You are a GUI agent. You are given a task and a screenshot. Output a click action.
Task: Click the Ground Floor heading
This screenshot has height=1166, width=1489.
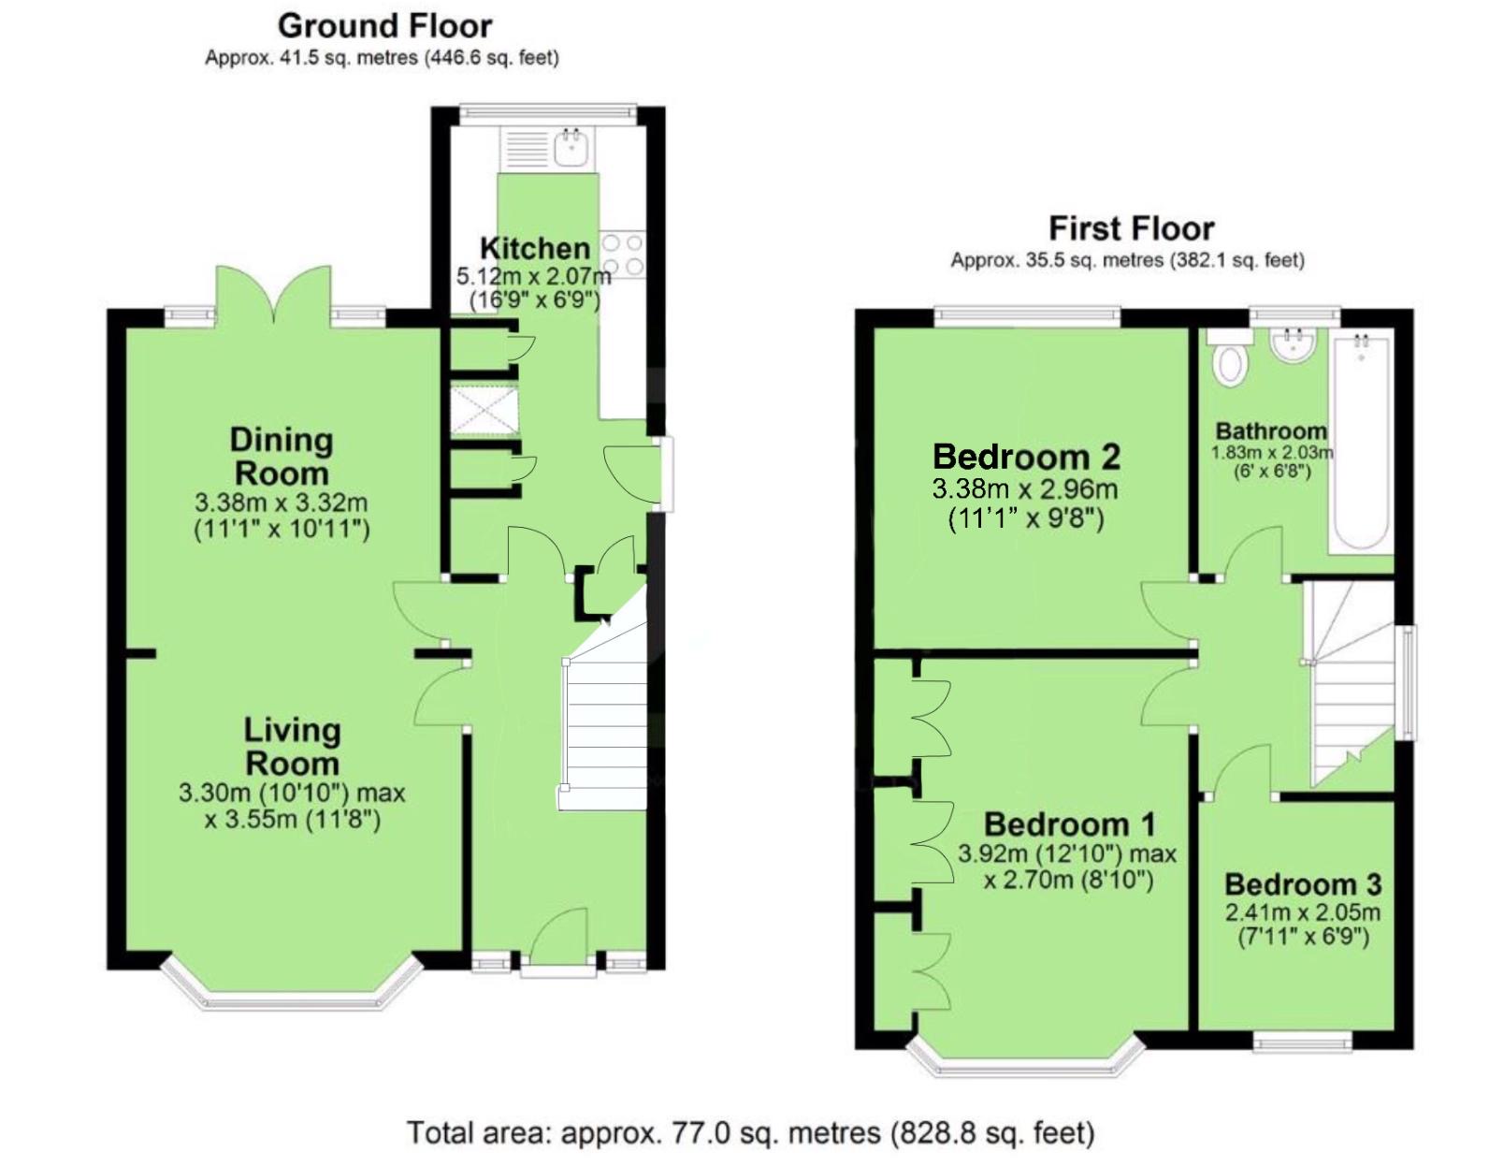click(384, 27)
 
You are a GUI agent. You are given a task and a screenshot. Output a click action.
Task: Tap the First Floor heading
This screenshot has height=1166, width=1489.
click(1132, 229)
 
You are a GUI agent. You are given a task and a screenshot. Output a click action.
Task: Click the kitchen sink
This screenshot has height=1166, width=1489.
click(570, 148)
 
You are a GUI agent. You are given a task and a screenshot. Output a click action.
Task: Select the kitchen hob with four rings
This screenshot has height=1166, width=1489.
click(623, 255)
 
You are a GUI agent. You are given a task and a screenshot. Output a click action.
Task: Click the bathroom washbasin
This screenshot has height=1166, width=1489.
click(1292, 343)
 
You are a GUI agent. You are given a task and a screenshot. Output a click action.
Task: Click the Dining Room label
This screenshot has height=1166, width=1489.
click(282, 457)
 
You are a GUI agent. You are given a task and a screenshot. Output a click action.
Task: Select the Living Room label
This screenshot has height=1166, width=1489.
click(293, 747)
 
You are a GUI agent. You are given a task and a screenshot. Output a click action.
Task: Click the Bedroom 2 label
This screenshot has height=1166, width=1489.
click(1026, 457)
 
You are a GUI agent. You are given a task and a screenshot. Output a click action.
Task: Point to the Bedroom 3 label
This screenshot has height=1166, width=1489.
click(1303, 884)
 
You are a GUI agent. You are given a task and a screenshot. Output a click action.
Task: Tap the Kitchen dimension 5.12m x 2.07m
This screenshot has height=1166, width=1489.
click(534, 277)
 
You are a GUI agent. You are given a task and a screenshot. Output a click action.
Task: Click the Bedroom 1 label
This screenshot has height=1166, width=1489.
click(1070, 823)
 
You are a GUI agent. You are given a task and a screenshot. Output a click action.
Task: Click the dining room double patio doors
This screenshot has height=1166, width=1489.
click(274, 295)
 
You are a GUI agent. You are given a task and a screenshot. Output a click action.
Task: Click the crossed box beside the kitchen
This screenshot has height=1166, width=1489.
click(484, 411)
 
